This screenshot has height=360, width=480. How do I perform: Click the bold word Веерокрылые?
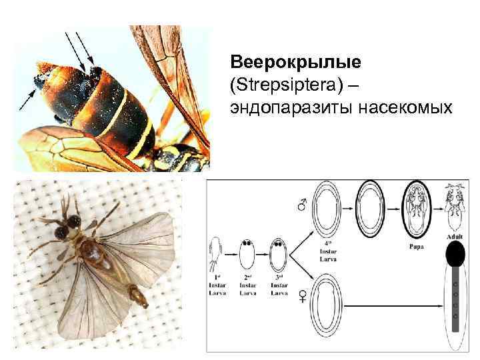pyautogui.click(x=295, y=62)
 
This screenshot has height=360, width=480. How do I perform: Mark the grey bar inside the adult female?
pyautogui.click(x=455, y=299)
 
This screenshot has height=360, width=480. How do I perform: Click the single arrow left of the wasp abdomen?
pyautogui.click(x=28, y=101)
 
